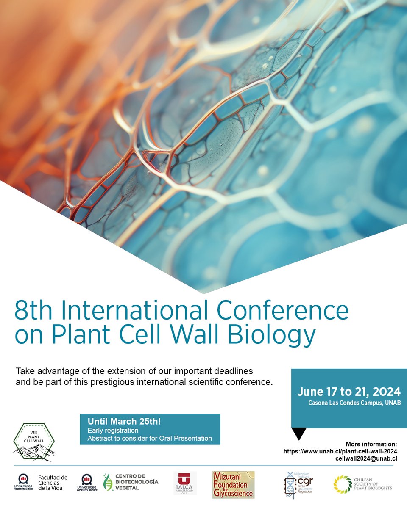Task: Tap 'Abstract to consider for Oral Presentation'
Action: [150, 438]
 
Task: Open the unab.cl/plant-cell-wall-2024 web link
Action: [340, 451]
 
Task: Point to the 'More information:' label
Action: [371, 444]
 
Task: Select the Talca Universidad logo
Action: [185, 483]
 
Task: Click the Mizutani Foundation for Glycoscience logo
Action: [233, 484]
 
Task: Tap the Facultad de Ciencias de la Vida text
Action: [53, 483]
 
